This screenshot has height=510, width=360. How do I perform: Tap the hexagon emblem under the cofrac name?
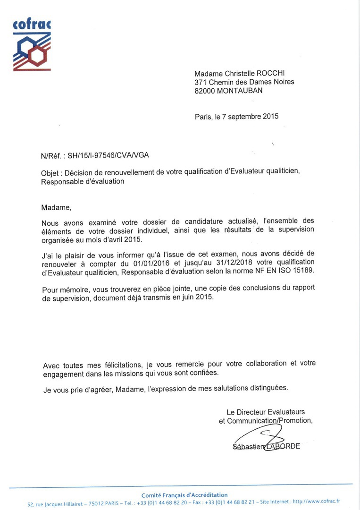pos(32,51)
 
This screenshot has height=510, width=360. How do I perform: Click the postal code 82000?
pos(205,91)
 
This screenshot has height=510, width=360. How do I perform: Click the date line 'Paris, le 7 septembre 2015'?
pos(236,116)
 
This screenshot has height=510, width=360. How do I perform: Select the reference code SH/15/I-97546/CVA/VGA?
pos(111,155)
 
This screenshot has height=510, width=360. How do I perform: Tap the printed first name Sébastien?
pos(248,446)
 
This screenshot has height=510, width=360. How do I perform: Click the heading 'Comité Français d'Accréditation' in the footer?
pos(184,495)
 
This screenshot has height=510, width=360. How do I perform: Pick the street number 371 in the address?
pos(200,82)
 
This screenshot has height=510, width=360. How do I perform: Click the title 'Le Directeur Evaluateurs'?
pos(266,412)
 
